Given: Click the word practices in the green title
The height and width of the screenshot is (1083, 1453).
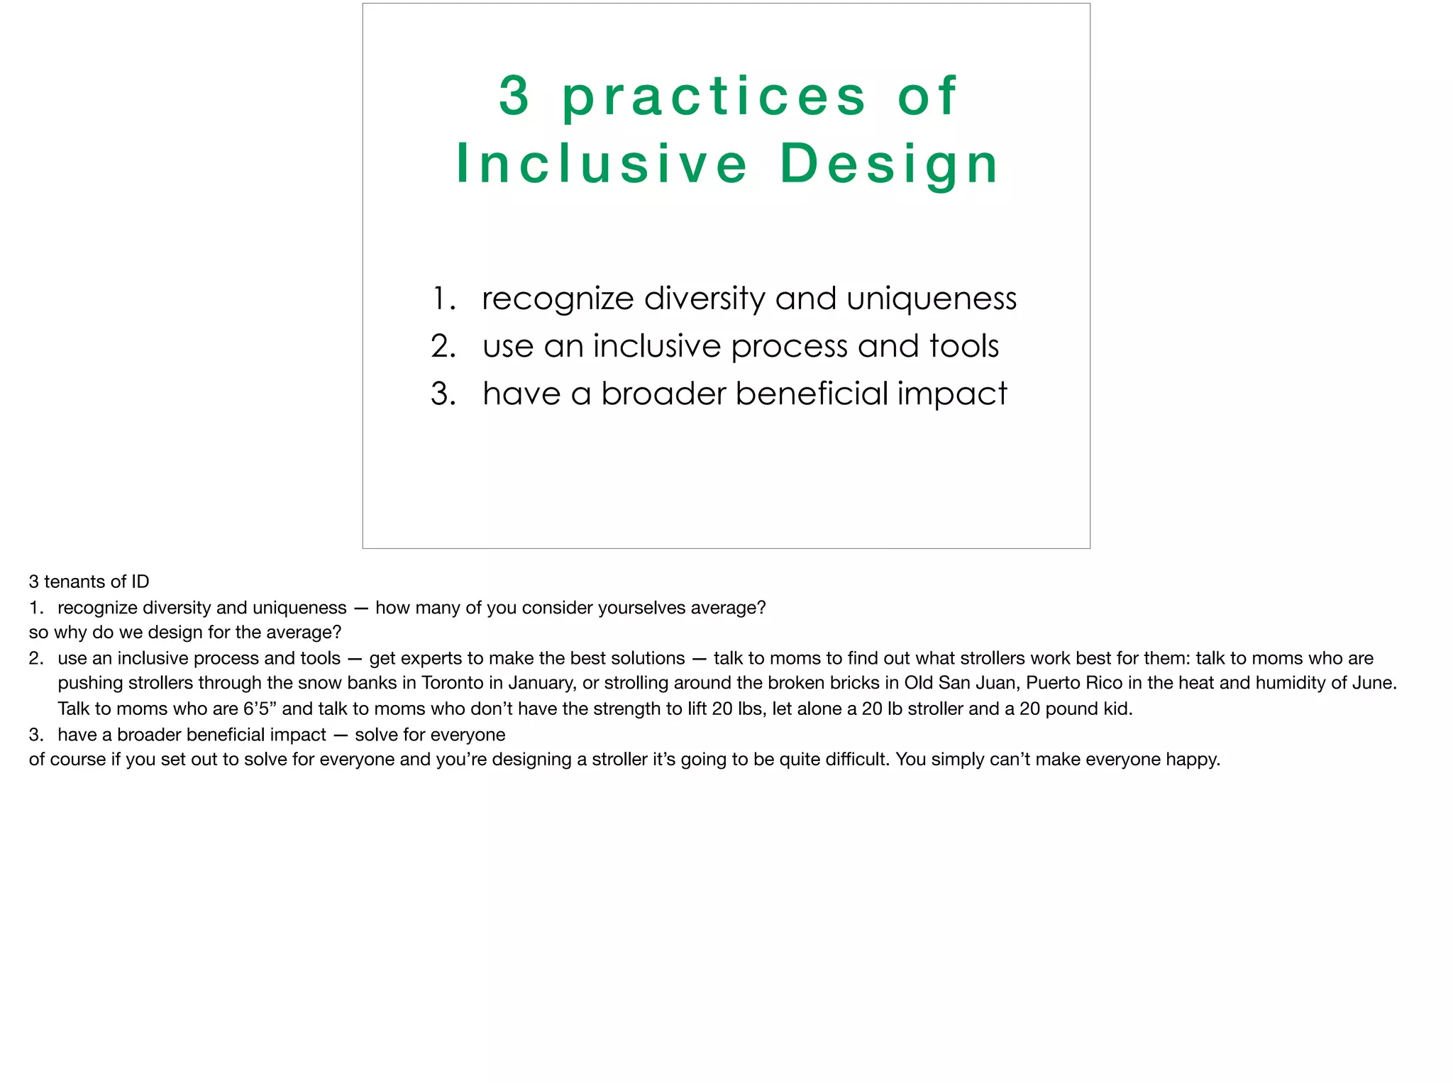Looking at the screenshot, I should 714,97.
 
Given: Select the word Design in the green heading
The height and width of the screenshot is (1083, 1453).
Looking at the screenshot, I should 890,165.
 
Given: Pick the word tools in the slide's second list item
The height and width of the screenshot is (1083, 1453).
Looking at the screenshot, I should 964,346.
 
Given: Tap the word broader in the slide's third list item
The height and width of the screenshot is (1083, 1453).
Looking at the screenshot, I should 664,394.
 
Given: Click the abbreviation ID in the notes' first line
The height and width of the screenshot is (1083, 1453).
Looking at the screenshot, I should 140,582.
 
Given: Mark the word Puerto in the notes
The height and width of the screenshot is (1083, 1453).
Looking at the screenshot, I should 1051,683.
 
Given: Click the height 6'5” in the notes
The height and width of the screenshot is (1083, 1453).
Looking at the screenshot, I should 260,709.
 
